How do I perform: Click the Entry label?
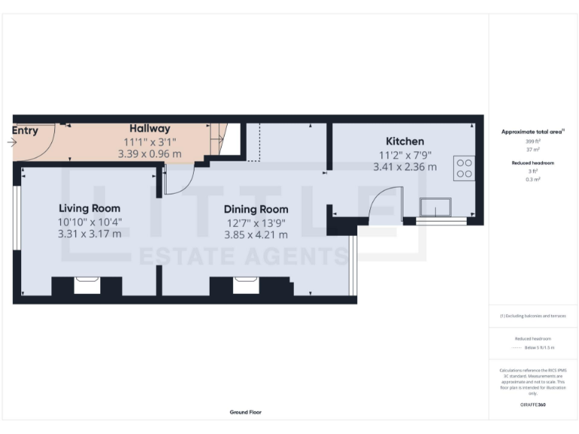pyautogui.click(x=25, y=130)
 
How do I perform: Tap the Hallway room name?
pyautogui.click(x=149, y=129)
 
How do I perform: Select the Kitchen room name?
pyautogui.click(x=405, y=141)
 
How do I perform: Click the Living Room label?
pyautogui.click(x=89, y=208)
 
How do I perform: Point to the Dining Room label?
pyautogui.click(x=256, y=209)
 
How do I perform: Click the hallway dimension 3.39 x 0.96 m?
pyautogui.click(x=149, y=154)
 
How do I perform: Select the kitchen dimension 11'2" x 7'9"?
pyautogui.click(x=405, y=154)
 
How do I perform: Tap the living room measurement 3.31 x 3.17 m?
pyautogui.click(x=89, y=234)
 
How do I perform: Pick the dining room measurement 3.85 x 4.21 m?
pyautogui.click(x=256, y=234)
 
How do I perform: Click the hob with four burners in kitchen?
pyautogui.click(x=464, y=167)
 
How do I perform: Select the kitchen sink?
pyautogui.click(x=436, y=207)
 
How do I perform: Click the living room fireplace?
pyautogui.click(x=87, y=286)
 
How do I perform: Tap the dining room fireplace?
pyautogui.click(x=246, y=286)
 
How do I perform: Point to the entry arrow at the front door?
pyautogui.click(x=10, y=141)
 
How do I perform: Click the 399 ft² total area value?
pyautogui.click(x=533, y=141)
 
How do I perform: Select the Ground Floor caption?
pyautogui.click(x=245, y=412)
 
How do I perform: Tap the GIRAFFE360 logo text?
pyautogui.click(x=532, y=405)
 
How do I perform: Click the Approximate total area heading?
pyautogui.click(x=532, y=131)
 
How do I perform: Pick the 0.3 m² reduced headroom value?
pyautogui.click(x=533, y=179)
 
